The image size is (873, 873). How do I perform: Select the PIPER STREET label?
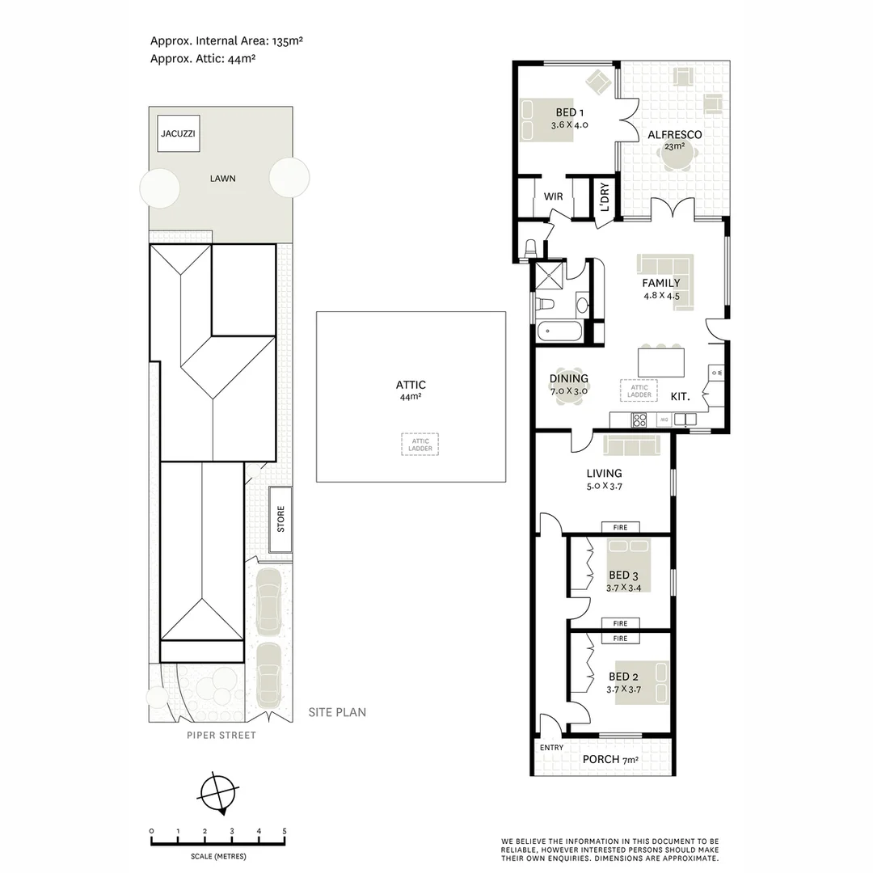221,736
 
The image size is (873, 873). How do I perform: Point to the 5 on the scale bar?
284,831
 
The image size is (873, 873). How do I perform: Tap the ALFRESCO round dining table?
675,159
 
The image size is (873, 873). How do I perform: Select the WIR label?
553,196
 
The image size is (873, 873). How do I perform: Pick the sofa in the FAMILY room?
665,265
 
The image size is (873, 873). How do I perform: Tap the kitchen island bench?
660,361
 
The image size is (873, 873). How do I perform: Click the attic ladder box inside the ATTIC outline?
420,444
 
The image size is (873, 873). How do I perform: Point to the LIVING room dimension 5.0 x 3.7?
604,487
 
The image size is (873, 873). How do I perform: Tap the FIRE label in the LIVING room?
620,528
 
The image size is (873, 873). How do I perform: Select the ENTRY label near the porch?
551,748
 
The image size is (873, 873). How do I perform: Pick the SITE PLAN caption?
337,712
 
